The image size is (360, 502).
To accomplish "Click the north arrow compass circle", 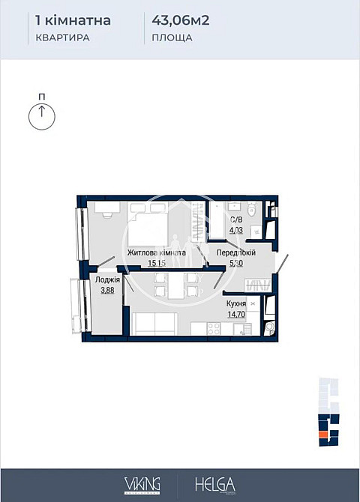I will tap(42, 116).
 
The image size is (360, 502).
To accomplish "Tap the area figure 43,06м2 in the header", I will tap(180, 20).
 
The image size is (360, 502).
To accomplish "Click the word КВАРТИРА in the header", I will tap(63, 37).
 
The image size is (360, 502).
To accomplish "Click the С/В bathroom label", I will tap(236, 220).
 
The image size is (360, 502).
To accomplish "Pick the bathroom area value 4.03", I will tap(236, 230).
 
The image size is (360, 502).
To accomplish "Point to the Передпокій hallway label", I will tap(235, 253).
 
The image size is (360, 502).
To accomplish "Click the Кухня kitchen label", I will tap(236, 304).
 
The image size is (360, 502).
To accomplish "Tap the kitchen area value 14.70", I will tap(236, 315).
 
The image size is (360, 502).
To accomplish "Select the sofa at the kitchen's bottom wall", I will tap(154, 327).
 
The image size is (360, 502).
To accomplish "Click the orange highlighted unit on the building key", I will tap(323, 432).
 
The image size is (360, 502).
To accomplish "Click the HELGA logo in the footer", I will tap(215, 483).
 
